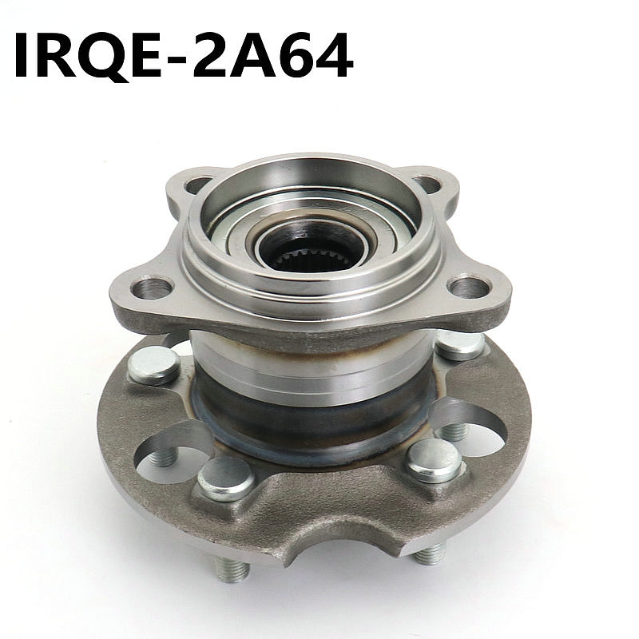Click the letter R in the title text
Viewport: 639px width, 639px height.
coord(57,56)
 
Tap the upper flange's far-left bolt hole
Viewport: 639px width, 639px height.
coord(152,288)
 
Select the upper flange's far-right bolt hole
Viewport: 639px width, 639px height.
coord(468,288)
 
